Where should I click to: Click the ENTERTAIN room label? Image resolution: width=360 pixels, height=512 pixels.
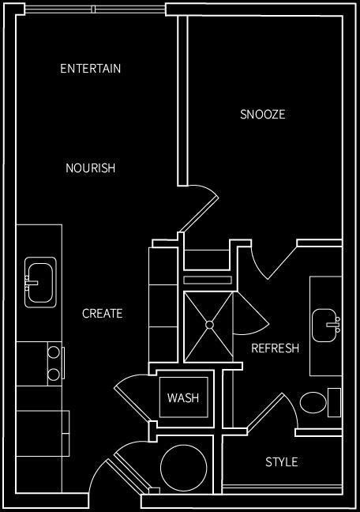point(91,69)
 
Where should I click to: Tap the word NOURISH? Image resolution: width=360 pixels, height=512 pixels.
point(91,168)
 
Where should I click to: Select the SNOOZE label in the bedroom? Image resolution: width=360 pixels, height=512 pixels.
point(263,115)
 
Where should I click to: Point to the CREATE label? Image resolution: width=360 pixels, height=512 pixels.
point(103,314)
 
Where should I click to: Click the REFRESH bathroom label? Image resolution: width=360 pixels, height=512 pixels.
point(275,348)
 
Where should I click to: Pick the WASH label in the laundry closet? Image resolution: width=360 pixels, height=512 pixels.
point(183,398)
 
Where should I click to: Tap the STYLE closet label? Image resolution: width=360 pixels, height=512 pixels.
point(281,462)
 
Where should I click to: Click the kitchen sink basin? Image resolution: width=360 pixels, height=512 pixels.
point(39,280)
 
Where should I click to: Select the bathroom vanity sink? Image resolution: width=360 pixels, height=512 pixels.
point(325,325)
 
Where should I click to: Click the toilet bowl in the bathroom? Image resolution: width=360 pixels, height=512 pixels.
point(313,403)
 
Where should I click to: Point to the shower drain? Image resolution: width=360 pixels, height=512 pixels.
point(209,324)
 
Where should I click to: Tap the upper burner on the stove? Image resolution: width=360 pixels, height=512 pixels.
point(54,352)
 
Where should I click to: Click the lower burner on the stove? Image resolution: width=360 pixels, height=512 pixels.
point(54,374)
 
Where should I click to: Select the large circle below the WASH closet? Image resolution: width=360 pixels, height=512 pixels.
point(184,468)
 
